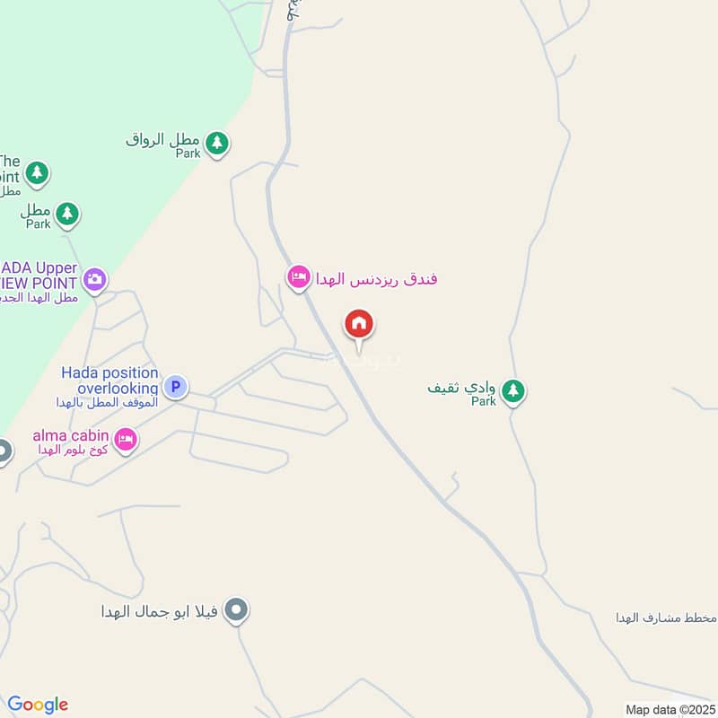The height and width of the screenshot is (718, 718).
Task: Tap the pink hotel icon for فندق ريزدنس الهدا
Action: point(298,277)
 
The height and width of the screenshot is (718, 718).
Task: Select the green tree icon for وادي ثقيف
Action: point(512,390)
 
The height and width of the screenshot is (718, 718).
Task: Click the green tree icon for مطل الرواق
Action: point(215,142)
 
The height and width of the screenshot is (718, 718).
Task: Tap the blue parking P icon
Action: point(176,387)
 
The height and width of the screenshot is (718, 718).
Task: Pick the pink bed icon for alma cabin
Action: point(126,439)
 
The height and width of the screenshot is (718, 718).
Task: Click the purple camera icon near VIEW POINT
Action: point(95,278)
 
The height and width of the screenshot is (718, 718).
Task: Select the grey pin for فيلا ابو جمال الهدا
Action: point(236,610)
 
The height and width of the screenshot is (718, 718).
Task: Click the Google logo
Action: point(38,705)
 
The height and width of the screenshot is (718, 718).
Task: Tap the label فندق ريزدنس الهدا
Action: point(375,278)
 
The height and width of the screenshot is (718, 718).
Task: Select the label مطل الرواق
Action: point(162,140)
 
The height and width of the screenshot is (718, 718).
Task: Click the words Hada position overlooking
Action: point(109,381)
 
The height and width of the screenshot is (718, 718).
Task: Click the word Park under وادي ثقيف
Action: point(484,402)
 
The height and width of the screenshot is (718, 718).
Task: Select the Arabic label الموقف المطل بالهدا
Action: point(106,403)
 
